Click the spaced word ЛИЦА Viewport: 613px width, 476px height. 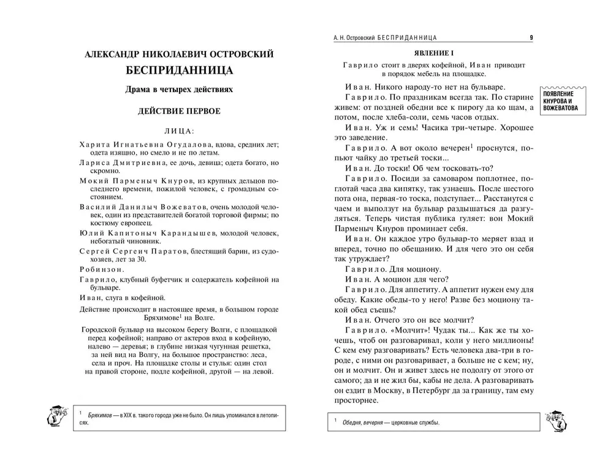click(178, 131)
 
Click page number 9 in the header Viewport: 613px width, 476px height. click(531, 38)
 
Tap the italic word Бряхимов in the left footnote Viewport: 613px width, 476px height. click(106, 416)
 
